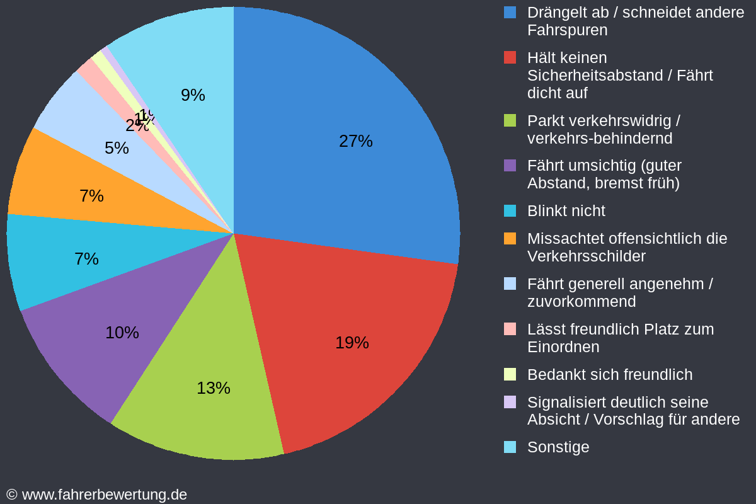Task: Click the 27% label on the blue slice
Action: tap(355, 141)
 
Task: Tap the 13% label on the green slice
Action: tap(213, 388)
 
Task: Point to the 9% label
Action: tap(193, 95)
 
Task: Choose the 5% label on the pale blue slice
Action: tap(117, 148)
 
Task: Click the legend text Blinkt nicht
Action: tap(566, 211)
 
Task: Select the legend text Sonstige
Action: tap(558, 447)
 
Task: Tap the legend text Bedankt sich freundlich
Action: tap(609, 375)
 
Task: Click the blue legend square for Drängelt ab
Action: tap(510, 12)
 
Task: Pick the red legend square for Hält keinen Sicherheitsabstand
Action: tap(510, 57)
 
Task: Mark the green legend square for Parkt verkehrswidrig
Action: tap(510, 120)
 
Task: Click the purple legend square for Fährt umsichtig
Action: tap(510, 166)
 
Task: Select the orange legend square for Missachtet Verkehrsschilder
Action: tap(510, 239)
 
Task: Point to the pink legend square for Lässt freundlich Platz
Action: tap(510, 329)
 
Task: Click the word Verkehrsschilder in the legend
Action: tap(586, 256)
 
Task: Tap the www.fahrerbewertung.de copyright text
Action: tap(97, 495)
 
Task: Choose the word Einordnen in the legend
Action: tap(563, 347)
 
